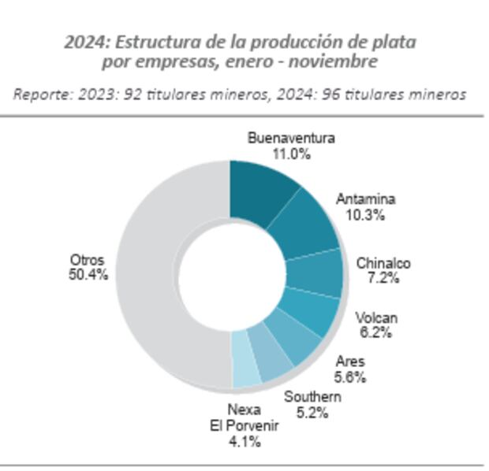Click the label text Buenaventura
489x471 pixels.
click(x=290, y=139)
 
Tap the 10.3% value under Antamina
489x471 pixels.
click(x=364, y=214)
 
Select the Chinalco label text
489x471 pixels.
click(x=383, y=263)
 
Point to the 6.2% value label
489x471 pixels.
click(x=375, y=332)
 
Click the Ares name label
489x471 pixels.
click(x=349, y=362)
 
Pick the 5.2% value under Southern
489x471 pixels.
click(x=312, y=411)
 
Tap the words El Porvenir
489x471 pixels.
click(x=244, y=425)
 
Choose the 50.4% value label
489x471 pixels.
click(x=87, y=274)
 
